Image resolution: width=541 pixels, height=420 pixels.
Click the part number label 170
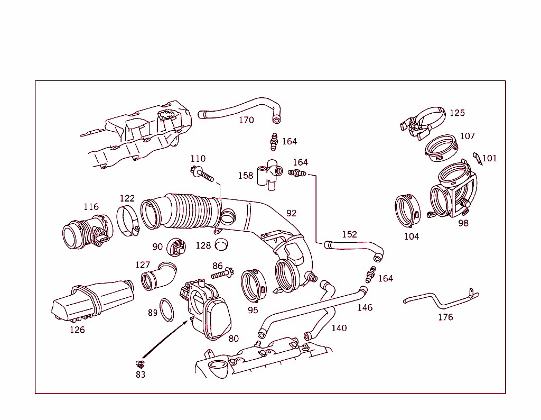[x=246, y=120]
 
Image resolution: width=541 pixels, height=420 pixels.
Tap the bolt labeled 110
[x=203, y=174]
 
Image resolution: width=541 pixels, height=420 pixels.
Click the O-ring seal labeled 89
[x=167, y=310]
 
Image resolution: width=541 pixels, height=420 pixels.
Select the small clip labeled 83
[x=140, y=363]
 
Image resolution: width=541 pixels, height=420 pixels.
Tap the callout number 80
[x=234, y=339]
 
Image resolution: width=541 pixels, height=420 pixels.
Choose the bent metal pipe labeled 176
[x=441, y=301]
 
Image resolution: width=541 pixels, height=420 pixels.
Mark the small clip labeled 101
[x=477, y=158]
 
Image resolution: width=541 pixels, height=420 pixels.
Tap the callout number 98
[x=463, y=223]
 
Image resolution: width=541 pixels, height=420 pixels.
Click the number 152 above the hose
[x=349, y=234]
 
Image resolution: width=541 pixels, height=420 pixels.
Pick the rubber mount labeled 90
[x=175, y=246]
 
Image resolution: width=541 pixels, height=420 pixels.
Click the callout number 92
[x=291, y=213]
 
